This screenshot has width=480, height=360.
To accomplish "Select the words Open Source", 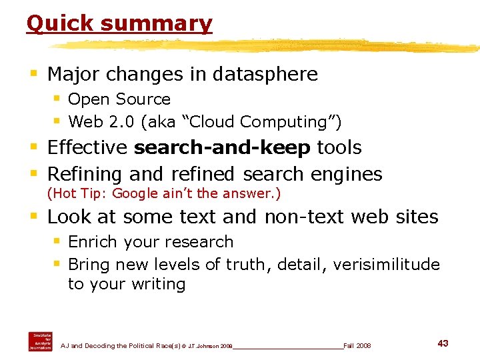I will pos(119,99).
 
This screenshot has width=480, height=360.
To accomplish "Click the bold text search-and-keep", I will pos(222,147).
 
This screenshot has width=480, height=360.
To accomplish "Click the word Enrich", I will pos(92,241).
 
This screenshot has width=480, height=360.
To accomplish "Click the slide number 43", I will pos(443,343).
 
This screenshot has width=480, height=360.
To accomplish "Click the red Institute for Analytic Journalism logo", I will pos(40,341).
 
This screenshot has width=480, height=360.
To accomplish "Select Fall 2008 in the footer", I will pos(357,346).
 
